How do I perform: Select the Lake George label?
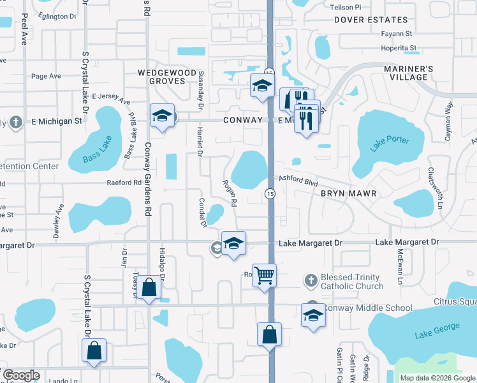pos(437,331)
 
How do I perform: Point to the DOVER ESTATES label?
pos(371,20)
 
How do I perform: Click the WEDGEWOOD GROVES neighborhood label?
pos(167,77)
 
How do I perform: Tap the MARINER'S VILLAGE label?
pos(408,73)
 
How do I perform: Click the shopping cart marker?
pos(264,276)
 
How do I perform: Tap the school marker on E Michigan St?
pos(162,116)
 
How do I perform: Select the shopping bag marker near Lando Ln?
pos(94,350)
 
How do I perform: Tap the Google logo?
pos(21,375)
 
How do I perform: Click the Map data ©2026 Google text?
pos(437,378)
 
